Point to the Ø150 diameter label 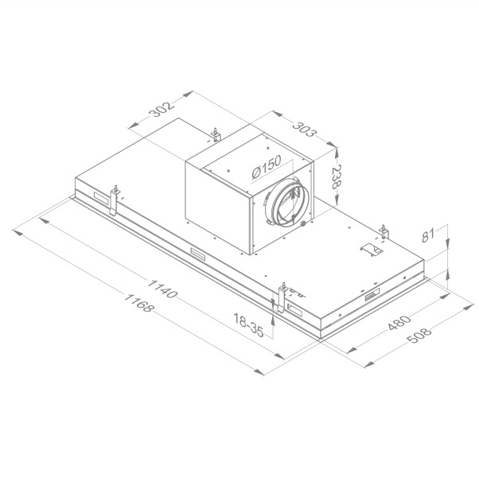pos(263,169)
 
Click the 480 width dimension pos(399,323)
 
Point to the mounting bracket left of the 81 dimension pos(384,232)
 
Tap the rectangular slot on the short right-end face pos(372,298)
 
